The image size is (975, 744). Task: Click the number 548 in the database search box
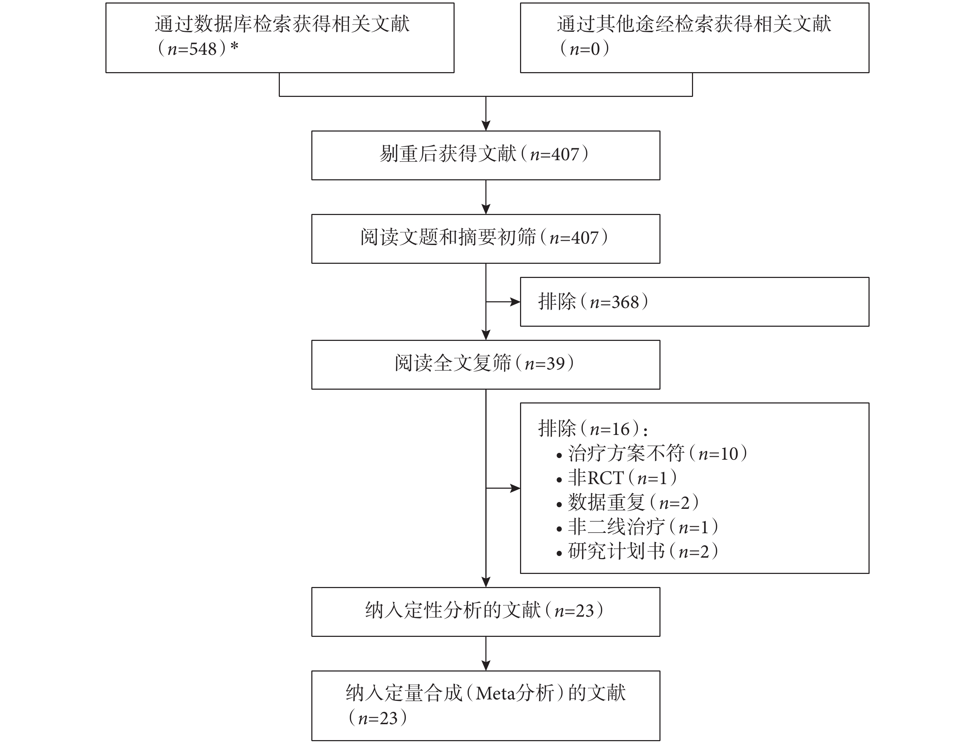click(x=203, y=49)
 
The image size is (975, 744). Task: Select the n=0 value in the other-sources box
click(x=585, y=49)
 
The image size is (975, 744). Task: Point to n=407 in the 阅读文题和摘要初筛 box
click(x=574, y=238)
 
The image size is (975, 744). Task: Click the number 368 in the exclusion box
click(x=625, y=302)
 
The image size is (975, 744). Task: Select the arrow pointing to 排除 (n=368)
click(x=503, y=302)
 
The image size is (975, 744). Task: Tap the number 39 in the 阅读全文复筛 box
click(x=555, y=364)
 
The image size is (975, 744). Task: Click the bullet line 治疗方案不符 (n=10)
click(x=651, y=453)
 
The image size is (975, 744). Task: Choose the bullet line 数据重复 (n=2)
click(x=627, y=502)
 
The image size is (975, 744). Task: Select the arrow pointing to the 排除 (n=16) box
click(x=503, y=488)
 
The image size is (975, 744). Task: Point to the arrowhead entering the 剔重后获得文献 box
click(x=486, y=125)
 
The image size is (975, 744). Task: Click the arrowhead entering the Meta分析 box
click(x=486, y=665)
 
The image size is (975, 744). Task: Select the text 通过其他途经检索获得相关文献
click(x=694, y=24)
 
